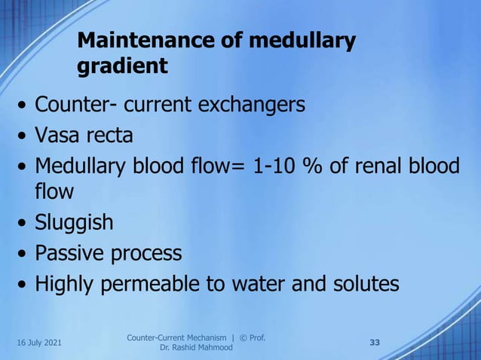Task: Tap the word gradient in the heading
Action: point(122,66)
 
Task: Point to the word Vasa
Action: point(57,136)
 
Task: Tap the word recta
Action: point(109,136)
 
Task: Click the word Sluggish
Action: point(75,222)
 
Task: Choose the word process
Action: point(147,254)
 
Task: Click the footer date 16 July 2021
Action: point(38,343)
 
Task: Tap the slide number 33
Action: point(375,343)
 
